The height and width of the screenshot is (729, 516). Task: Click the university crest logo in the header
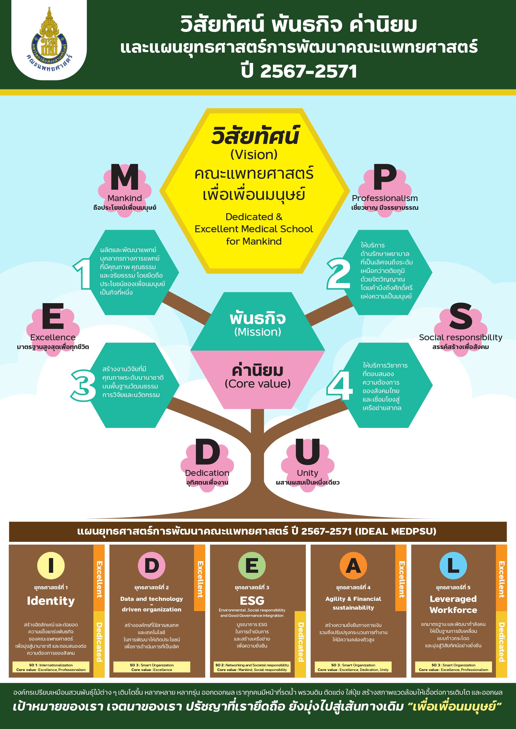pyautogui.click(x=49, y=40)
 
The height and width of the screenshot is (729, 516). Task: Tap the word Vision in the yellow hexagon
pyautogui.click(x=254, y=155)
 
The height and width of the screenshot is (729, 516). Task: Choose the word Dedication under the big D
pyautogui.click(x=207, y=473)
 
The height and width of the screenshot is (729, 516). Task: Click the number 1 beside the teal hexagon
pyautogui.click(x=83, y=274)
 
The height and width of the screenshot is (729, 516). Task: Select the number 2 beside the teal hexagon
pyautogui.click(x=338, y=274)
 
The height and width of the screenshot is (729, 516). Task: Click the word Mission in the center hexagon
pyautogui.click(x=258, y=332)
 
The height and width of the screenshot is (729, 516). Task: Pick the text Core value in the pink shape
pyautogui.click(x=258, y=384)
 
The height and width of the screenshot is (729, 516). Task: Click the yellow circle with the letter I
pyautogui.click(x=51, y=566)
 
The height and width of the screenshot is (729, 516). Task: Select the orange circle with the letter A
pyautogui.click(x=353, y=566)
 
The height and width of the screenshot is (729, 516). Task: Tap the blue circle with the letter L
pyautogui.click(x=453, y=566)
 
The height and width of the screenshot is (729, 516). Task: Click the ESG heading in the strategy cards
pyautogui.click(x=252, y=600)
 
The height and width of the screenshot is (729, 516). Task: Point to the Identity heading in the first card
pyautogui.click(x=51, y=601)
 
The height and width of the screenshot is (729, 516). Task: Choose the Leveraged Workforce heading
pyautogui.click(x=453, y=604)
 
